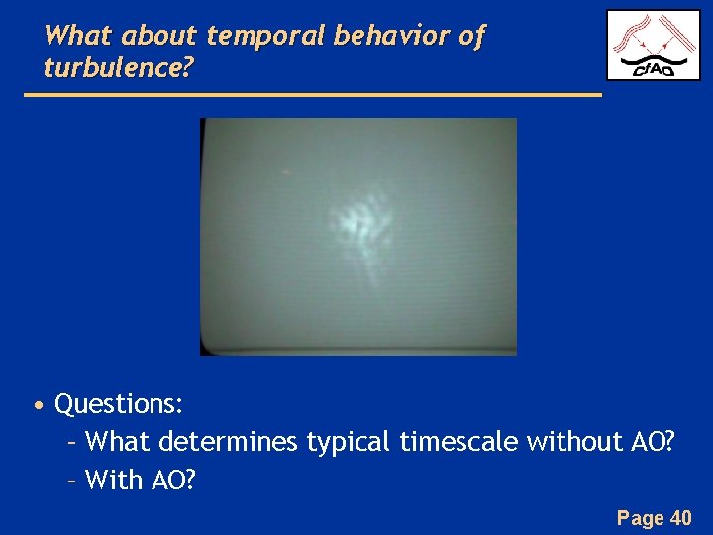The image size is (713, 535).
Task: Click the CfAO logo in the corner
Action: tap(653, 45)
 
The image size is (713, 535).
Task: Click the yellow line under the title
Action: tap(312, 95)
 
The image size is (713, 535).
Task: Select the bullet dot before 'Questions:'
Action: tap(37, 406)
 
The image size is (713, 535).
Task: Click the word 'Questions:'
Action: tap(119, 404)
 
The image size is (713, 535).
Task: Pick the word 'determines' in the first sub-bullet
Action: tap(227, 442)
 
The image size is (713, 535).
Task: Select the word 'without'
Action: tap(575, 442)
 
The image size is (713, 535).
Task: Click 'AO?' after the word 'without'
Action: tap(654, 442)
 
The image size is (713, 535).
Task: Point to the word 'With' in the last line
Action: tap(115, 481)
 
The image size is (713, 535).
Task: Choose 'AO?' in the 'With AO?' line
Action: tap(174, 481)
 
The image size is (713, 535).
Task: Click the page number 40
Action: tap(681, 517)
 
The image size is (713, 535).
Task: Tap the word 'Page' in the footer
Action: tap(640, 517)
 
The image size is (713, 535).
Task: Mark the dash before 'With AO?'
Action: tap(71, 481)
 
